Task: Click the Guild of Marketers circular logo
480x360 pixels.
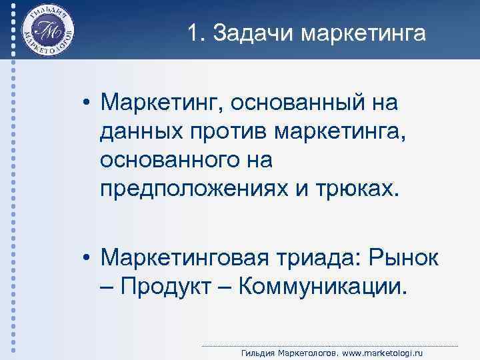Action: tap(48, 31)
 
